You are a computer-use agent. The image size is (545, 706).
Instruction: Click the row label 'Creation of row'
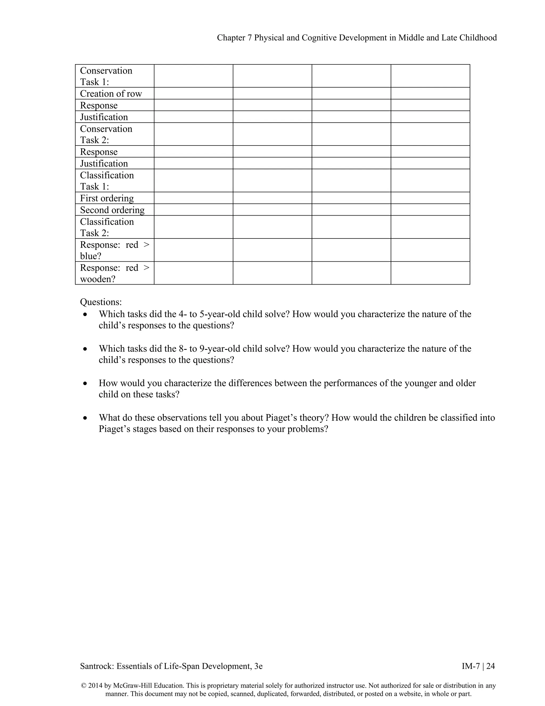(111, 94)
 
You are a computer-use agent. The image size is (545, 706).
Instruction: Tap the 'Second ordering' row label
(112, 210)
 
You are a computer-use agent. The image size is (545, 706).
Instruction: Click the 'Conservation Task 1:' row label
(106, 76)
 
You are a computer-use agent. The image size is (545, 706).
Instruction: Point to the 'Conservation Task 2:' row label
(106, 134)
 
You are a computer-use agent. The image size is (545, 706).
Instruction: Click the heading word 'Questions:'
(101, 302)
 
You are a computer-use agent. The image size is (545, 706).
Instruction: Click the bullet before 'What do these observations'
(85, 418)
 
